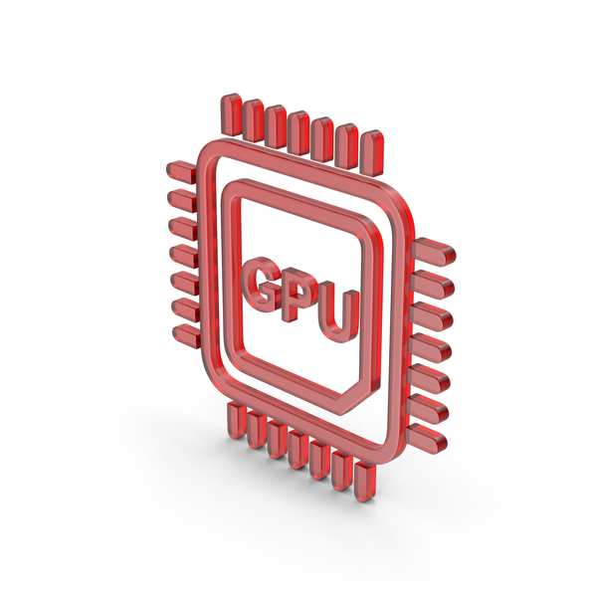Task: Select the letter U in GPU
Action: click(339, 313)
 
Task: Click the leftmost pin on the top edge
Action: click(231, 114)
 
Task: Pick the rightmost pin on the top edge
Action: click(371, 153)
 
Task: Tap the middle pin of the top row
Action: click(298, 133)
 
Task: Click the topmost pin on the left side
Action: click(181, 171)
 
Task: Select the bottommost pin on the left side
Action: click(187, 336)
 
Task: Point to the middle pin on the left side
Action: click(184, 254)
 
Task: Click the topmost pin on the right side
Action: click(433, 252)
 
